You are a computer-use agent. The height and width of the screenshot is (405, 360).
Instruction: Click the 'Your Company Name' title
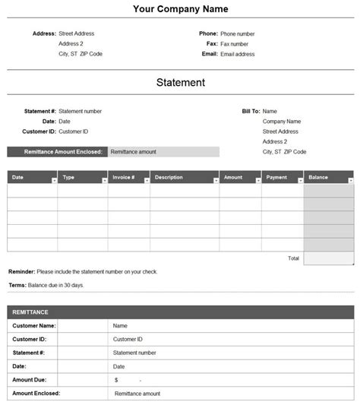(x=180, y=9)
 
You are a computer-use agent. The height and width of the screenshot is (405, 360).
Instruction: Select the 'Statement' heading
(x=180, y=82)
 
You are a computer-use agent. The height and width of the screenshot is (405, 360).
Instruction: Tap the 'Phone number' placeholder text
(x=238, y=34)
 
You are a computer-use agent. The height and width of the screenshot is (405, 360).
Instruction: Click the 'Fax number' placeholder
(x=235, y=44)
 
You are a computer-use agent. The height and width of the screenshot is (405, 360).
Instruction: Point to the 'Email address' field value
(x=238, y=54)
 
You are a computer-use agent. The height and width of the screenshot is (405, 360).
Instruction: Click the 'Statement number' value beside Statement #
(x=80, y=111)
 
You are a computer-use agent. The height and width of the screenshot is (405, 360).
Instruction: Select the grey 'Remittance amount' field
(x=163, y=152)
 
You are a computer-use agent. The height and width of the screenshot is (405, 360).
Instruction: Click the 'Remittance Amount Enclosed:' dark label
(x=58, y=152)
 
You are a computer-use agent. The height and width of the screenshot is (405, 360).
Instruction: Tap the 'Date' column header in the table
(x=18, y=178)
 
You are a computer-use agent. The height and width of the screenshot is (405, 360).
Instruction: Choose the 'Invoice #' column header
(x=123, y=178)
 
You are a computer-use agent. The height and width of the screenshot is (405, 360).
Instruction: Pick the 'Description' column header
(x=169, y=178)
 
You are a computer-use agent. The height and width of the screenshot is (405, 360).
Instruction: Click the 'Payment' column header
(x=276, y=178)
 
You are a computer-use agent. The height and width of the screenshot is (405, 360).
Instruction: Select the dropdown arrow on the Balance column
(x=350, y=180)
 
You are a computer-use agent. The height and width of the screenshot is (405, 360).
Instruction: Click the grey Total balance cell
(x=329, y=258)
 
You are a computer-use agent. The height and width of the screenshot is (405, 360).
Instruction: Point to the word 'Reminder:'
(x=21, y=271)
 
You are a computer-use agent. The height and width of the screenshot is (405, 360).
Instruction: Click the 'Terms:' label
(x=17, y=285)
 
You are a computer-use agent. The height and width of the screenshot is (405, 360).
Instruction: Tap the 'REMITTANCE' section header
(x=30, y=312)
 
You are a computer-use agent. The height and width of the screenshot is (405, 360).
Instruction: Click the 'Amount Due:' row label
(x=30, y=379)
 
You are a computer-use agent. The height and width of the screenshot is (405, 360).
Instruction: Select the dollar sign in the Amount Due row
(x=116, y=380)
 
